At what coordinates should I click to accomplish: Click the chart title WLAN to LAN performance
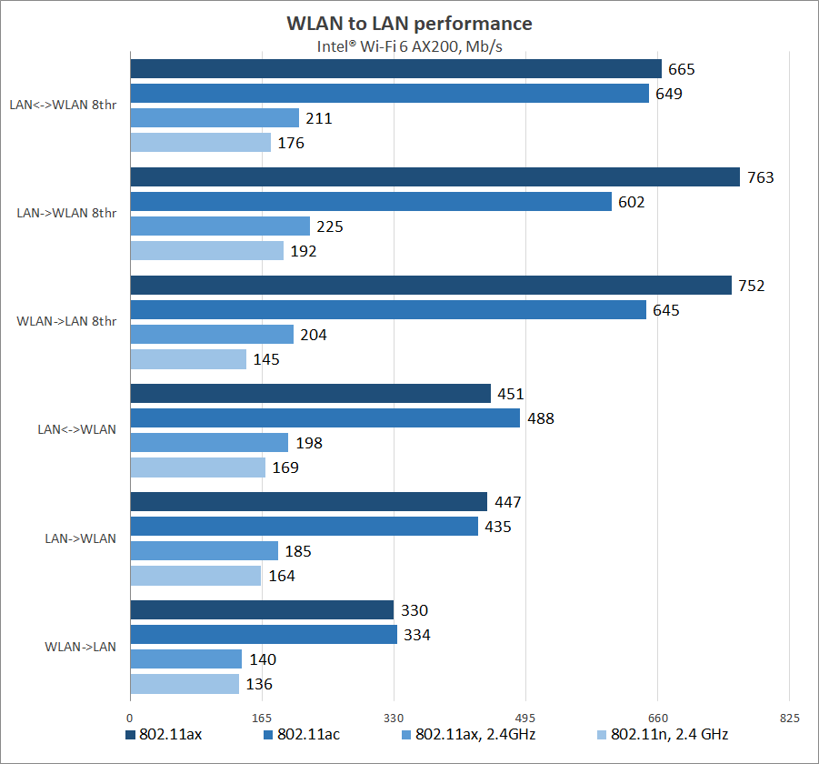tap(409, 23)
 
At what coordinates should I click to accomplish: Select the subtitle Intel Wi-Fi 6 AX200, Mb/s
tap(409, 47)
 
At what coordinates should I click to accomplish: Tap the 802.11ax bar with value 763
tap(435, 177)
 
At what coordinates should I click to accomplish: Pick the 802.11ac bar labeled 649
tap(390, 94)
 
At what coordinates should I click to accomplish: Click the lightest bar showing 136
tap(185, 684)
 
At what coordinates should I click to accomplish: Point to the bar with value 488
tap(325, 418)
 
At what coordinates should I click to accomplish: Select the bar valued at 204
tap(212, 335)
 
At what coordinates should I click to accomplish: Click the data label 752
tap(752, 286)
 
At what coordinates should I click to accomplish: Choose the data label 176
tap(291, 143)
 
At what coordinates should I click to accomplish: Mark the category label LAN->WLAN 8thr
tap(66, 213)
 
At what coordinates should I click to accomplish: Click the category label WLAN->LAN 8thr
tap(66, 321)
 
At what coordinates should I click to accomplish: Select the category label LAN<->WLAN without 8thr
tap(76, 429)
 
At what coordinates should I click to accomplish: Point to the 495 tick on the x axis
tap(526, 719)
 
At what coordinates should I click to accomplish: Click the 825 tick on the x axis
tap(790, 719)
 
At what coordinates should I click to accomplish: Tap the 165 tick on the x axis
tap(263, 719)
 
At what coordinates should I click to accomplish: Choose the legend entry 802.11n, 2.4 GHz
tap(669, 734)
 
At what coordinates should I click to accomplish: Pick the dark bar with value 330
tap(262, 610)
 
